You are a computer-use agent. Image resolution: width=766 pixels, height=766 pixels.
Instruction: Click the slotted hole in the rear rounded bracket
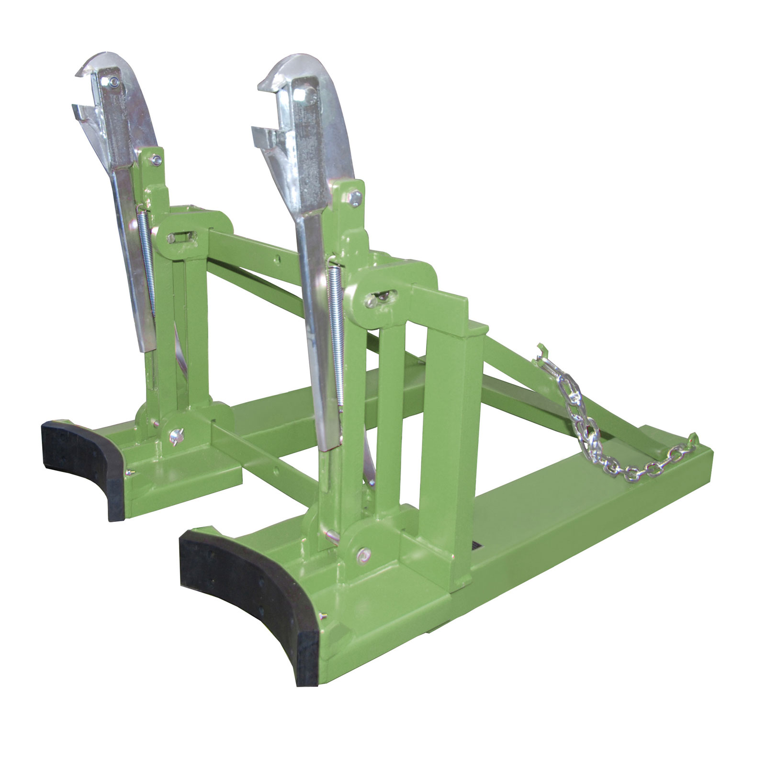tap(180, 237)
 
